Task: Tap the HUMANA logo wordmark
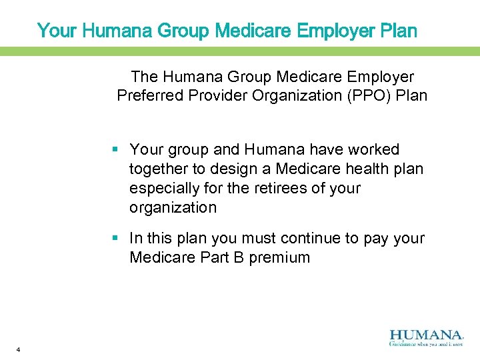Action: [x=425, y=335]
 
